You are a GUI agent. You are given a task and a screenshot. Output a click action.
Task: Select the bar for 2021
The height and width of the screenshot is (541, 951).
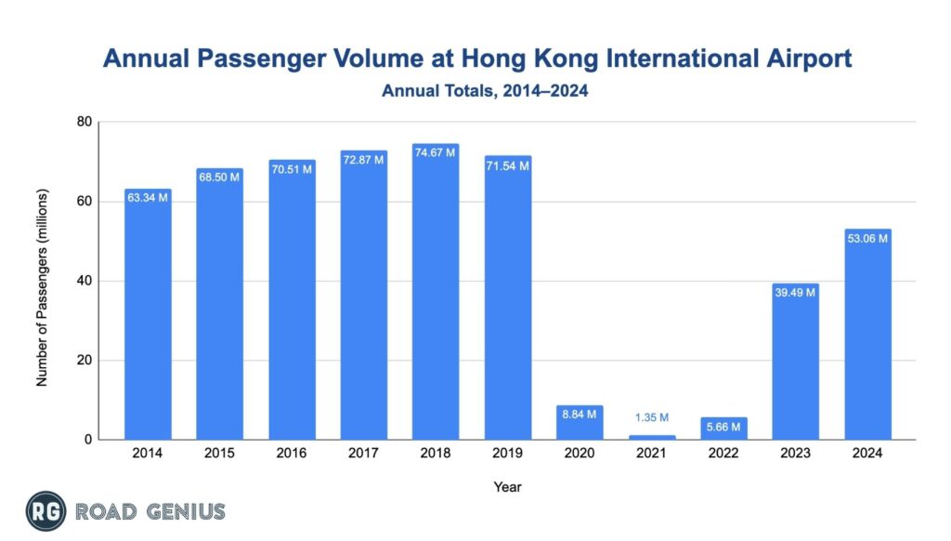pos(651,437)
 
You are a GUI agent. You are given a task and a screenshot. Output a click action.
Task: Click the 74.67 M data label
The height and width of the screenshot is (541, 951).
pos(436,152)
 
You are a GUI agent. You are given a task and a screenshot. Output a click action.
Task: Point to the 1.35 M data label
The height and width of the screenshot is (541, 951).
pos(651,418)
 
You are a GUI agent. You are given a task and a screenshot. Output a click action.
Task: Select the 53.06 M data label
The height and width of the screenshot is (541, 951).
pos(867,238)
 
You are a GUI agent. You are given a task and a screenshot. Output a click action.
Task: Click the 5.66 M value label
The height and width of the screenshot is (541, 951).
pos(723,427)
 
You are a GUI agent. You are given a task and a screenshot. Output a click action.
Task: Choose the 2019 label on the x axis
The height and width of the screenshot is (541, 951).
pos(507,454)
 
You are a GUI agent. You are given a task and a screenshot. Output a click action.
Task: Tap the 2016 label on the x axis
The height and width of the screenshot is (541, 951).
pos(292,454)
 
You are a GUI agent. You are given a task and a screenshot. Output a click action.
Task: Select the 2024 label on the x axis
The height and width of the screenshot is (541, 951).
pos(867,454)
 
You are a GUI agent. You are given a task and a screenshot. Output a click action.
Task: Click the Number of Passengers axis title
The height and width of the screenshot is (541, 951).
pos(42,281)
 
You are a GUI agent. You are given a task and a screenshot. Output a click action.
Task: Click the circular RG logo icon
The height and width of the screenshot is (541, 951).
pos(45,511)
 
